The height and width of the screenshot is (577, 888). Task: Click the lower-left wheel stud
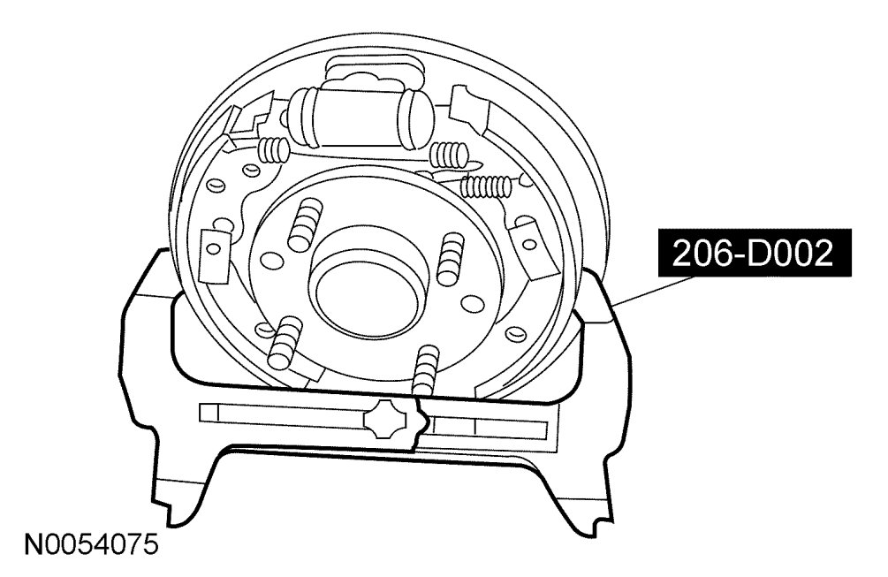click(x=286, y=340)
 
